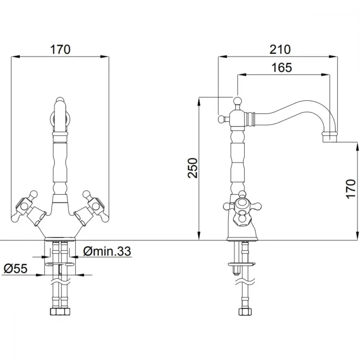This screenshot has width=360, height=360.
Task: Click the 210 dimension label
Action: tap(280, 49)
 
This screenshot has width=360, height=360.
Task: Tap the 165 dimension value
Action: tap(282, 68)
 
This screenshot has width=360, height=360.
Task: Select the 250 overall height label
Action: tap(192, 168)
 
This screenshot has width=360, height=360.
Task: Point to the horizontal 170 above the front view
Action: tap(60, 49)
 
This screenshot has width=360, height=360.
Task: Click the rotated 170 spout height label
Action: tap(350, 189)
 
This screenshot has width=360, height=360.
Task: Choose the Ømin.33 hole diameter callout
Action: tap(107, 251)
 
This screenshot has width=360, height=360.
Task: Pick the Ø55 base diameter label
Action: tap(15, 269)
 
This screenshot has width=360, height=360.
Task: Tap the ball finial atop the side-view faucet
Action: tap(238, 100)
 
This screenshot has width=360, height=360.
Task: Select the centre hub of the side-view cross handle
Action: tap(242, 204)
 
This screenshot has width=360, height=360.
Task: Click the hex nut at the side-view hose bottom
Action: tap(245, 311)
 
